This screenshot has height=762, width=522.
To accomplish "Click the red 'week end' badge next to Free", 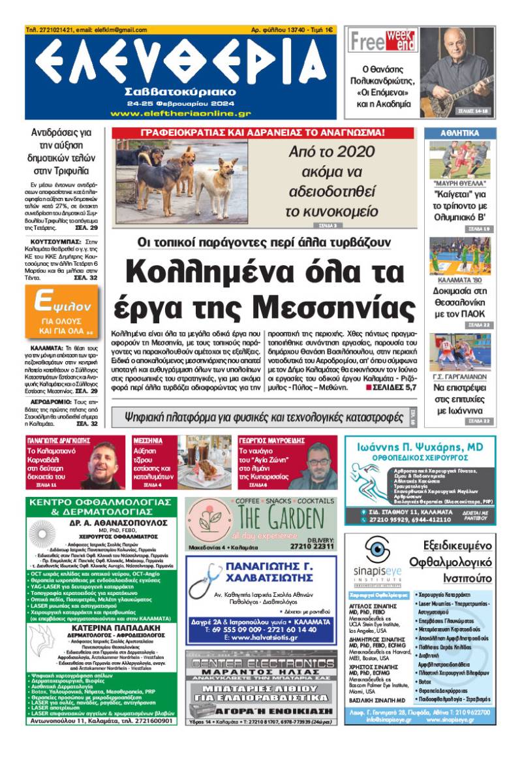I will (x=401, y=40).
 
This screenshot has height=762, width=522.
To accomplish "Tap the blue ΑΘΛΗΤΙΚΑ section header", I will (x=459, y=133).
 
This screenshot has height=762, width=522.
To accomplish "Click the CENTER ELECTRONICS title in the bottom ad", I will (x=261, y=665).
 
